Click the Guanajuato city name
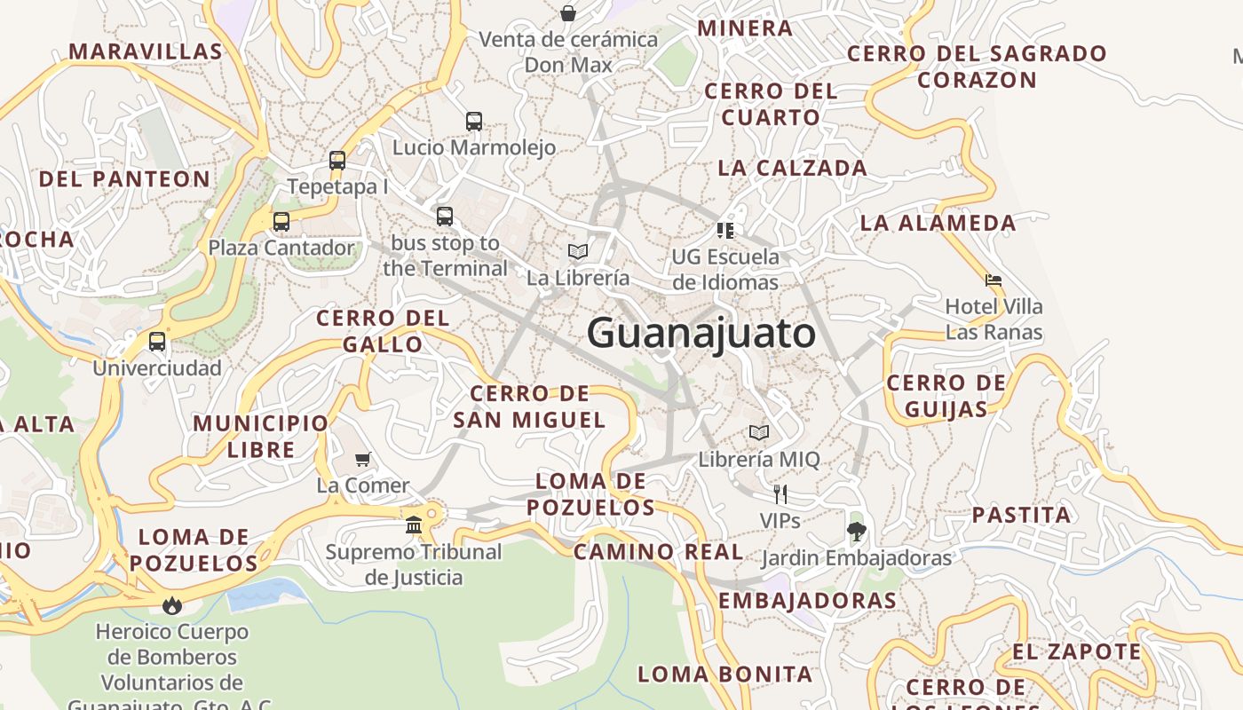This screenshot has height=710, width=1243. click(x=701, y=334)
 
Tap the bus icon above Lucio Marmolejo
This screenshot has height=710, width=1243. click(x=474, y=121)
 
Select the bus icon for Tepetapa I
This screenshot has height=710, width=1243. click(x=337, y=160)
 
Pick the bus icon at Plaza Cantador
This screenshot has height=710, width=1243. click(x=281, y=221)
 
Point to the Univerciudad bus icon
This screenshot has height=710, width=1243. click(x=157, y=341)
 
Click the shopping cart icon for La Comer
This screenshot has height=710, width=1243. click(x=362, y=459)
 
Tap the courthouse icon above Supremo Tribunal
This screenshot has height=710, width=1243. click(x=414, y=525)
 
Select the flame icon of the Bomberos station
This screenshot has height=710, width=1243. click(x=171, y=605)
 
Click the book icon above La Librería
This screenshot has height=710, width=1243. click(x=578, y=251)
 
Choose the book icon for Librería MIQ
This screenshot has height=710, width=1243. click(x=758, y=432)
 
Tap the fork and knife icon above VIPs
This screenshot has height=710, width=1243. click(x=780, y=493)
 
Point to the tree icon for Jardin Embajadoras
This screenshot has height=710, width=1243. click(x=856, y=532)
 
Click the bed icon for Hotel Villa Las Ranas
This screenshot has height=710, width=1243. click(x=994, y=280)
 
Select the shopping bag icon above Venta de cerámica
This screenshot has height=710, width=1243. click(x=568, y=13)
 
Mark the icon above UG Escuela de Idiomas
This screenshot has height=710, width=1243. click(x=725, y=231)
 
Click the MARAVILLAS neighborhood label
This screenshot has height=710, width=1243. click(x=146, y=51)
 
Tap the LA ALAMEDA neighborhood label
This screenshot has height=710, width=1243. click(x=938, y=223)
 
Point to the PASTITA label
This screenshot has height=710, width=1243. click(x=1021, y=515)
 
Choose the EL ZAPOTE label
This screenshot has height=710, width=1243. click(x=1076, y=651)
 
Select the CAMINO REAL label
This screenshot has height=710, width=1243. click(x=658, y=552)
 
